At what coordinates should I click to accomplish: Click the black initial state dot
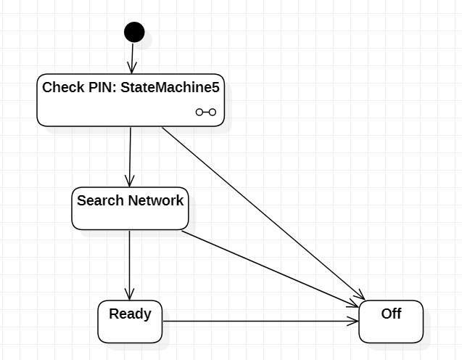tap(134, 32)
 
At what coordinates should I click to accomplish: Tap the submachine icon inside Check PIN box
tap(205, 112)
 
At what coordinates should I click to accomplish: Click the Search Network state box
tap(130, 213)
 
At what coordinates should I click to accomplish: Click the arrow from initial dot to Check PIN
tap(133, 58)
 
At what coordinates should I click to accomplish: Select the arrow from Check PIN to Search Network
tap(130, 156)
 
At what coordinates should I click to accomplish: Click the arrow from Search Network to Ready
tap(129, 265)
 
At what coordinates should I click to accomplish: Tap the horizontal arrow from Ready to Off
tap(261, 321)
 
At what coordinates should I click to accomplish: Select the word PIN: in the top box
tap(100, 88)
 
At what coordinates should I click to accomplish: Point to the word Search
tap(100, 200)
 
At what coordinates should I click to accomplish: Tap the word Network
tap(155, 200)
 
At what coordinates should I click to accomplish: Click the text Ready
tap(130, 314)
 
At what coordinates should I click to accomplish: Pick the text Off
tap(391, 314)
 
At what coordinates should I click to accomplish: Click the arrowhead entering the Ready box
tap(129, 294)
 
